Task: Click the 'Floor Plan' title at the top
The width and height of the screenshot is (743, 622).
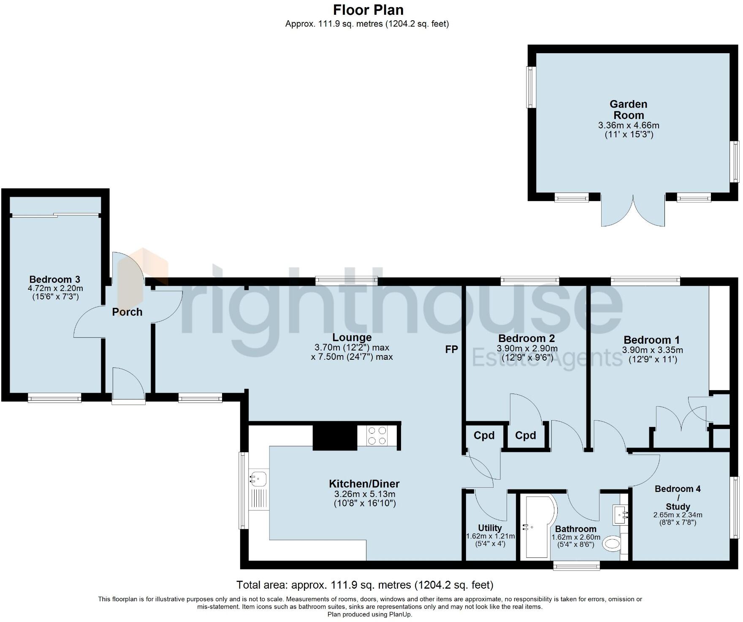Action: coord(368,10)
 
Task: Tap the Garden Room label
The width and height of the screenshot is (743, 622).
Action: coord(628,109)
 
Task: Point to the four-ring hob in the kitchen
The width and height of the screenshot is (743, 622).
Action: coord(377,435)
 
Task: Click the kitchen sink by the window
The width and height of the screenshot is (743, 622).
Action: coord(258,479)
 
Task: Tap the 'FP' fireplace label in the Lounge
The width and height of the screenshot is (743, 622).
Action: coord(451,349)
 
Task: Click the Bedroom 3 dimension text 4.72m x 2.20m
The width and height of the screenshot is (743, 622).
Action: coord(55,289)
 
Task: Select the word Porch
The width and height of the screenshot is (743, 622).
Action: coord(127,312)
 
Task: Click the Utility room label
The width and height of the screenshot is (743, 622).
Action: coord(490,528)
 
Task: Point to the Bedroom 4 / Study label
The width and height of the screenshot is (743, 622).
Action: coord(678,497)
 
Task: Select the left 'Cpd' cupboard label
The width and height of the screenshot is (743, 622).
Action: coord(484,435)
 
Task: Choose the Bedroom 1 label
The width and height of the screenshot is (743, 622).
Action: coord(651,340)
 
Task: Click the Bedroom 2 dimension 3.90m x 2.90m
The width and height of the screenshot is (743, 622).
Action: coord(527,349)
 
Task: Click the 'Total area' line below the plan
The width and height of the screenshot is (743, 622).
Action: coord(364,585)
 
